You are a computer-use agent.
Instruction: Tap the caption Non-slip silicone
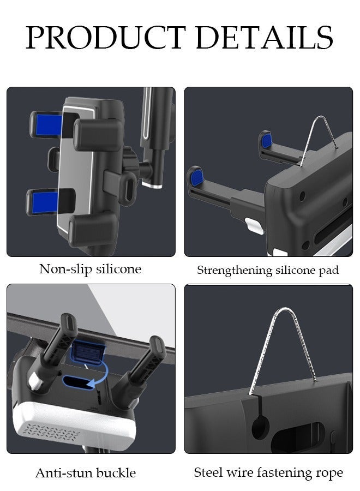tap(90, 268)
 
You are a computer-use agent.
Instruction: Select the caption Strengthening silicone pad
tap(268, 270)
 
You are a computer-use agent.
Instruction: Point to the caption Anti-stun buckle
tap(85, 472)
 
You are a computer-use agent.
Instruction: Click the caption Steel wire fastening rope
tap(268, 472)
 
